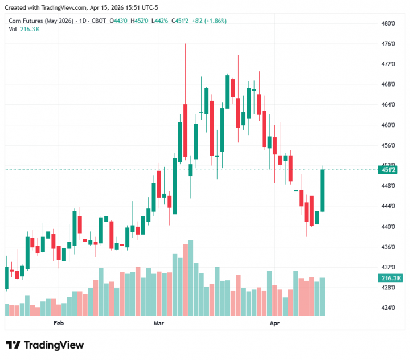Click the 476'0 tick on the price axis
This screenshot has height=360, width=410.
point(388,44)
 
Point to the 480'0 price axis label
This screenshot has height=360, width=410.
point(388,23)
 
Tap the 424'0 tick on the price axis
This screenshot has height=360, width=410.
point(388,308)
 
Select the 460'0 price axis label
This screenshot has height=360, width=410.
point(388,125)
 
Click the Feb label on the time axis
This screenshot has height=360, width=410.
point(58,324)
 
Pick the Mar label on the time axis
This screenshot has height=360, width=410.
point(159,324)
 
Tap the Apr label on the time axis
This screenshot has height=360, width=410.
point(274,324)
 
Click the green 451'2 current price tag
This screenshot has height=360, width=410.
point(389,169)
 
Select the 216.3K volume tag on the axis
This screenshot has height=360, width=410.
point(389,278)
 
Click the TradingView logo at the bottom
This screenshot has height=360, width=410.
point(44,345)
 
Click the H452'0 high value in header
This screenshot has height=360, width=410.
point(140,21)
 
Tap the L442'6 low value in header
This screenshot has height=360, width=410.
point(161,21)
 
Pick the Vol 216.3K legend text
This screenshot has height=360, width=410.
point(24,29)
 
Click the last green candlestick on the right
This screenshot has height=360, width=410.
point(322,190)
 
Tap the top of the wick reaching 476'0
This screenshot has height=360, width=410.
point(186,44)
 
